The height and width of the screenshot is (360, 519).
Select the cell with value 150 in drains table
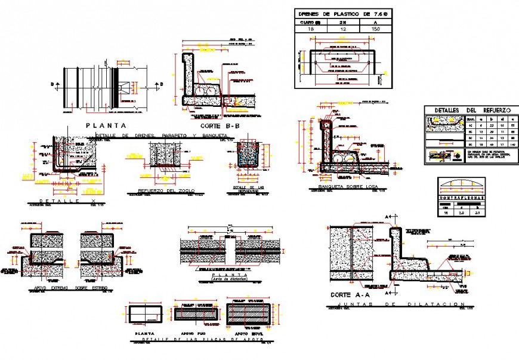(375, 28)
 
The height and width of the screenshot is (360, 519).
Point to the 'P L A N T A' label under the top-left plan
(106, 126)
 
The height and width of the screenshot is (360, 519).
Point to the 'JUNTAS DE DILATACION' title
(396, 304)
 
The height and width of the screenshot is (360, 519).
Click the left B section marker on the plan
(53, 84)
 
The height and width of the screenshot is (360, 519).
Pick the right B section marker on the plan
(161, 84)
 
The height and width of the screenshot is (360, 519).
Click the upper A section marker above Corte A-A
(388, 216)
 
